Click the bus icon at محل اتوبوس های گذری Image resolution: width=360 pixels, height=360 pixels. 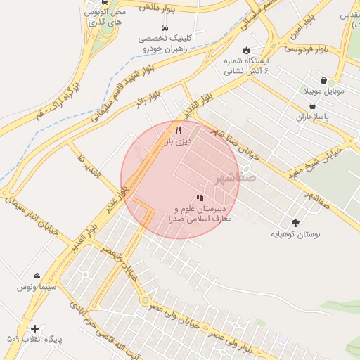click(x=105, y=2)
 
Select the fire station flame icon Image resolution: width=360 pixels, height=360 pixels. click(x=245, y=49)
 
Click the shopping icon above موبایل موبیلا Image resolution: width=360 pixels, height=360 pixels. click(x=323, y=81)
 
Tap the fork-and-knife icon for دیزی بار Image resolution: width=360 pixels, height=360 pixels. click(x=178, y=130)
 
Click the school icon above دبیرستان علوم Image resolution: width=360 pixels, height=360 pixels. click(x=200, y=198)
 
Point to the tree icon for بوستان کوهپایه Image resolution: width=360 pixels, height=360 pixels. click(x=295, y=223)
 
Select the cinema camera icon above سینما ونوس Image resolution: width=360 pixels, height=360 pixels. click(x=36, y=276)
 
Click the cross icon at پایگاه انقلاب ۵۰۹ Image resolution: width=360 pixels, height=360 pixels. click(x=34, y=328)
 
